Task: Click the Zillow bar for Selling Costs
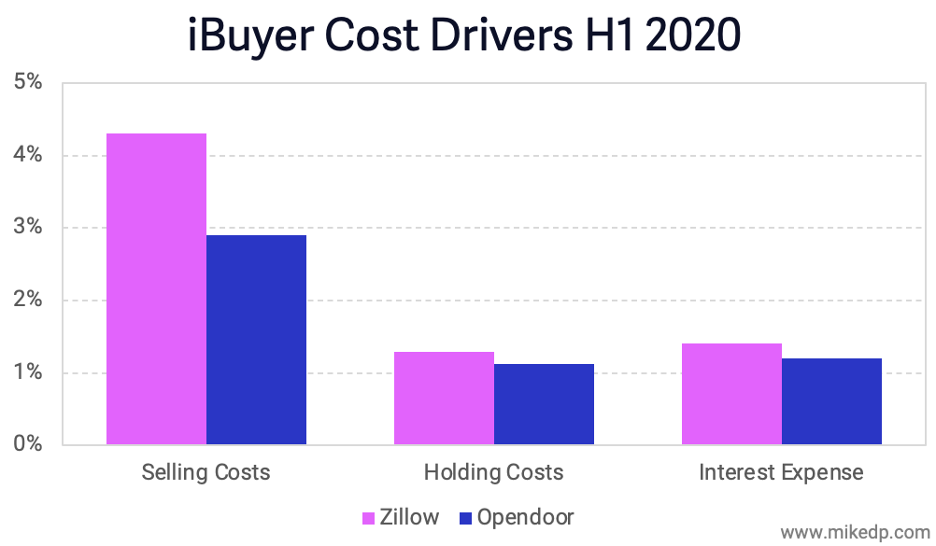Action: pos(157,288)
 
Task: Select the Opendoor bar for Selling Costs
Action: pos(256,340)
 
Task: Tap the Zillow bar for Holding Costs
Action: pos(444,398)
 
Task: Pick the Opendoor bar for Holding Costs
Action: pos(544,404)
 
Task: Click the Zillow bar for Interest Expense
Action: pos(731,394)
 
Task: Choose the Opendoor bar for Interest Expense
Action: pos(831,401)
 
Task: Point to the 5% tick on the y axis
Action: pos(29,82)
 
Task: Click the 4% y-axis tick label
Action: pos(29,155)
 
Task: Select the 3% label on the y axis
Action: pos(29,228)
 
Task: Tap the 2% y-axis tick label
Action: pos(29,301)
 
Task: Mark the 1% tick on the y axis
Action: pos(29,373)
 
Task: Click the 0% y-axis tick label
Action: pos(29,444)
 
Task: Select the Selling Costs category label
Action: pos(206,472)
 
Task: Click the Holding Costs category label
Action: pos(493,472)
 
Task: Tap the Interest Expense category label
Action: pos(781,472)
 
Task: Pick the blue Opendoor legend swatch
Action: pos(466,518)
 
